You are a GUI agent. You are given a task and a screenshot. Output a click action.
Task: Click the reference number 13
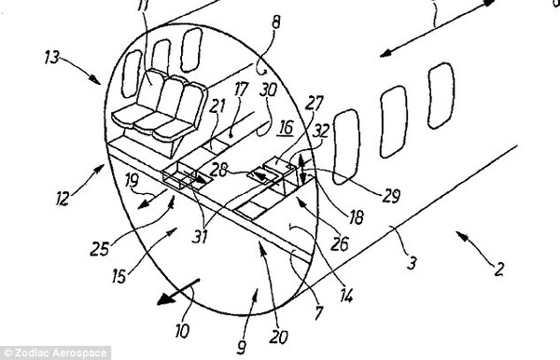pos(52,58)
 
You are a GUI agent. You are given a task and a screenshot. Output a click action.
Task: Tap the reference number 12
pos(63,199)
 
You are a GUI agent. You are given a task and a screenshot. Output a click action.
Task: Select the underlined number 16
pos(287,128)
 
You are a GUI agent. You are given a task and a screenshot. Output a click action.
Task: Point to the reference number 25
pos(99,248)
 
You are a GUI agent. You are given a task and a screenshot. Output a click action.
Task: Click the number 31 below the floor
pos(200,235)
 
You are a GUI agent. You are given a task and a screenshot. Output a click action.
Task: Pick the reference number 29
pos(391,195)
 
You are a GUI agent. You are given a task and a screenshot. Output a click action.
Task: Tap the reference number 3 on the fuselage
pos(412,263)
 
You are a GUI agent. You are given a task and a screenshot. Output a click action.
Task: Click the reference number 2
pos(498,269)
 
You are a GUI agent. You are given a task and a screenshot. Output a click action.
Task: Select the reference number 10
pos(182,331)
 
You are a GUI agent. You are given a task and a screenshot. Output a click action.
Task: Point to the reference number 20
pos(278,337)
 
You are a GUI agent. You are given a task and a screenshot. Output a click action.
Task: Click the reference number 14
pos(346,296)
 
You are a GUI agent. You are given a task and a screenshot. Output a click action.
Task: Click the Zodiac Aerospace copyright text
pos(56,353)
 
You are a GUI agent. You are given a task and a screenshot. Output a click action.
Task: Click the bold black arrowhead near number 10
pos(165,298)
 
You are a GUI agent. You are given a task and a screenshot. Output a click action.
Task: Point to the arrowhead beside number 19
pos(143,204)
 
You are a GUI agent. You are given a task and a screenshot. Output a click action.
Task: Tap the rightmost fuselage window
pos(441,96)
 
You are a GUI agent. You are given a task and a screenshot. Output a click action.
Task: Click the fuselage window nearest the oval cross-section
pos(346,146)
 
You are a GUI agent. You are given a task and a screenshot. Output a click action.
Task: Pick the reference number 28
pos(218,170)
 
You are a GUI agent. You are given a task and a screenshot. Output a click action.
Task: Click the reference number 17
pos(242,90)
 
